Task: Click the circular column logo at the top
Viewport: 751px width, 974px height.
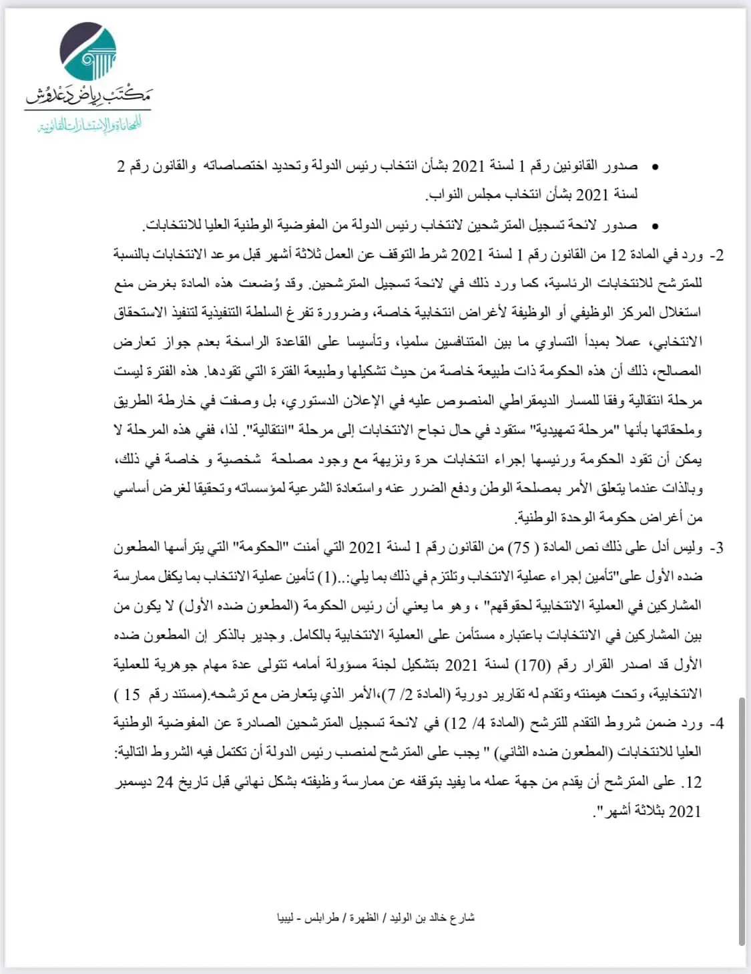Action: [87, 51]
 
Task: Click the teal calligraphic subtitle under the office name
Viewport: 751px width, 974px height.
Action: [89, 125]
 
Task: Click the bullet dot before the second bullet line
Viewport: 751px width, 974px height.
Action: [655, 226]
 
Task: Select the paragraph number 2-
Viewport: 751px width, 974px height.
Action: [716, 255]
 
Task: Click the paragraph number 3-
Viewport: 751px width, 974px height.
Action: [716, 548]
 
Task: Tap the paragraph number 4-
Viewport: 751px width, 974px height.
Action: [716, 723]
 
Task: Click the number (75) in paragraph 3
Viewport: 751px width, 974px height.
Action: [521, 548]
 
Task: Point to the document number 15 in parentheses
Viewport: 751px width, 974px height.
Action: [132, 694]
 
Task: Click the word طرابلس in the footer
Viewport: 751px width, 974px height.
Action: [322, 918]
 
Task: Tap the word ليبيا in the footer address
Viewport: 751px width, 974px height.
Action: [286, 918]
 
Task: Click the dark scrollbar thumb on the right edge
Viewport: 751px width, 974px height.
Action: [742, 822]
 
